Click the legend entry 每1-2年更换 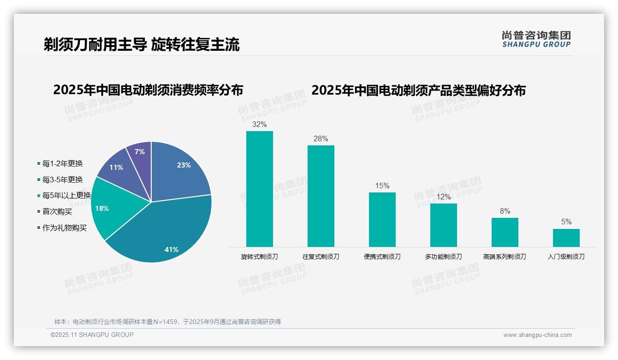[x=62, y=164]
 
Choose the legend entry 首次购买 [x=57, y=212]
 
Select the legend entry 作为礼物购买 [x=64, y=228]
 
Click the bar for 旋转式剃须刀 [x=260, y=189]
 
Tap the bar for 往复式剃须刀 [x=321, y=196]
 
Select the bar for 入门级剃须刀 [x=566, y=238]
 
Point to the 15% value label [x=382, y=186]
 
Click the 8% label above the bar [x=505, y=211]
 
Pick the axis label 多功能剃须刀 [x=443, y=257]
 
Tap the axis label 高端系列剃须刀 [x=505, y=257]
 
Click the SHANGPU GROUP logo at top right [x=536, y=39]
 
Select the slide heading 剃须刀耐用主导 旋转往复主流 [x=142, y=44]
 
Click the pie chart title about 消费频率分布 [x=148, y=90]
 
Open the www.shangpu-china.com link [x=537, y=335]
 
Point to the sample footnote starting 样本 [x=167, y=322]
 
